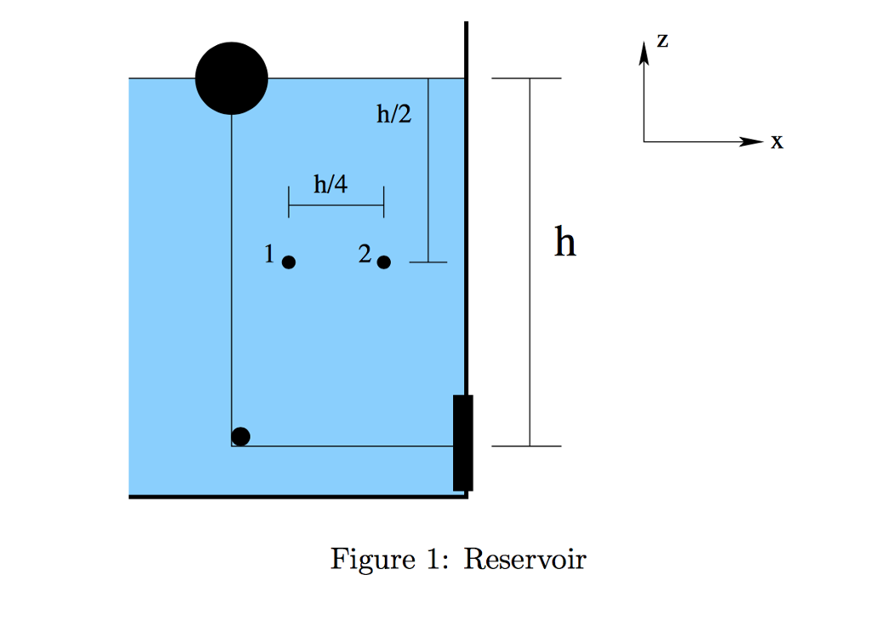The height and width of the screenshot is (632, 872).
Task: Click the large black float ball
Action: click(232, 78)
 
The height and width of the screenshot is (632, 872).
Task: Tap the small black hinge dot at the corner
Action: click(241, 436)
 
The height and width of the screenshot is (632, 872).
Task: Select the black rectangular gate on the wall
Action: click(462, 443)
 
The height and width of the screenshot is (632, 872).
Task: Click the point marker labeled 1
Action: click(289, 262)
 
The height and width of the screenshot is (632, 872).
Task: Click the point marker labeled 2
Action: click(384, 262)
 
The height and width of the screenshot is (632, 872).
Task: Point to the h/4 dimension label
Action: click(330, 184)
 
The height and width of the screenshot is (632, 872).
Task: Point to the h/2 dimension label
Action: click(393, 113)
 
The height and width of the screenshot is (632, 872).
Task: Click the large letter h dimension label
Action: click(565, 242)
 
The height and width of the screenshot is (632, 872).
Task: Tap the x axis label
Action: click(776, 142)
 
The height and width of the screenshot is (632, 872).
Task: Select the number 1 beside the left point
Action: click(270, 254)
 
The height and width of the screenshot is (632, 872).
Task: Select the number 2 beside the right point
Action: click(364, 254)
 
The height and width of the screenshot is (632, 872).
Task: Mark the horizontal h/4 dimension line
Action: click(336, 205)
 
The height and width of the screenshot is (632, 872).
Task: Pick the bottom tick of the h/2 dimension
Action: click(428, 262)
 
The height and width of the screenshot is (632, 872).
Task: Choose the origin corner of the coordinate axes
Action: click(645, 141)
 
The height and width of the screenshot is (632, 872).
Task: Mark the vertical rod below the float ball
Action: click(232, 273)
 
